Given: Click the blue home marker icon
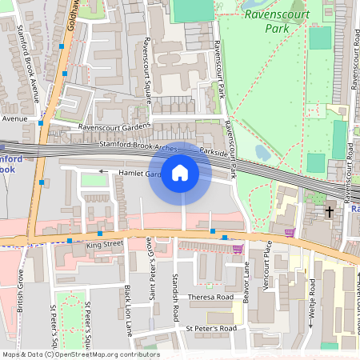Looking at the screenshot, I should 180,173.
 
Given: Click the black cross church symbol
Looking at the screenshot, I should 330,212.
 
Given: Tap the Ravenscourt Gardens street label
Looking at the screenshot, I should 114,126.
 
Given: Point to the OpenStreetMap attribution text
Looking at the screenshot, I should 80,354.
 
